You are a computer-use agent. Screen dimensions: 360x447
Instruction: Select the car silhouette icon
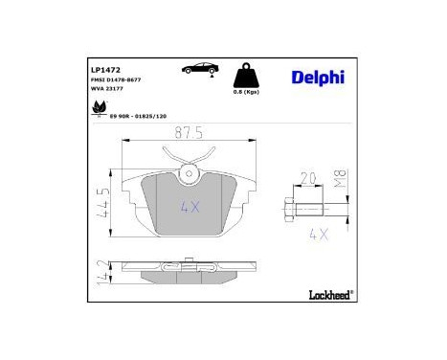pyautogui.click(x=195, y=70)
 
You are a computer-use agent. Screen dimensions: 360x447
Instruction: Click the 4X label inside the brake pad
pyautogui.click(x=190, y=206)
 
